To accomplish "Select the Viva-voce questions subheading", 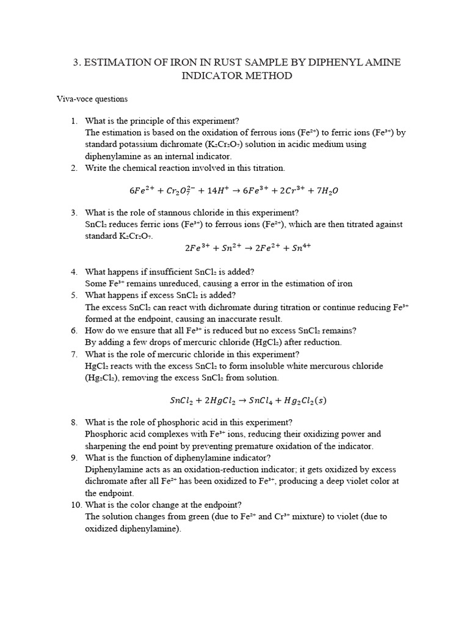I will (x=92, y=98).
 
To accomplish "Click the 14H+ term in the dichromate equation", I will (x=212, y=190).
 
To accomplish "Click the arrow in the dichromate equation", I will (x=234, y=190).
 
